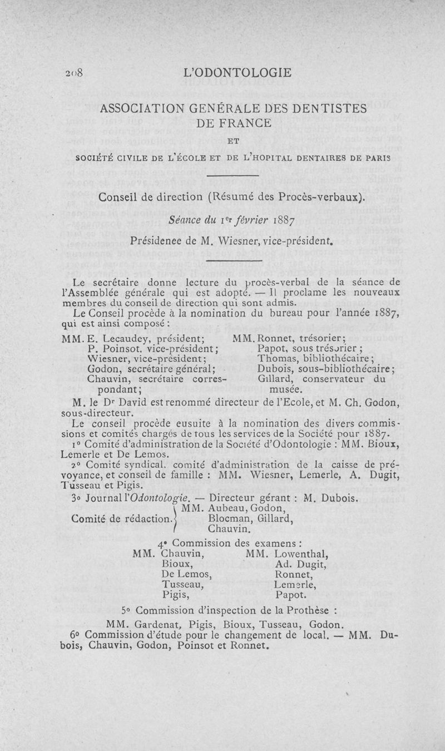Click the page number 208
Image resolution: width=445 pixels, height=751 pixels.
[75, 72]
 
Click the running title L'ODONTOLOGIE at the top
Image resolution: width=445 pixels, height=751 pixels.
[240, 72]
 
